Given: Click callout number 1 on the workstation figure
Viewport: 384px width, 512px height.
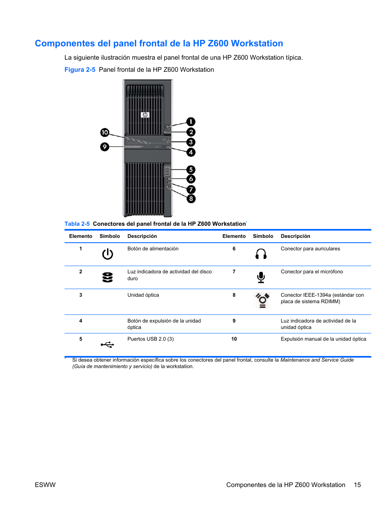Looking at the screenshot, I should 191,122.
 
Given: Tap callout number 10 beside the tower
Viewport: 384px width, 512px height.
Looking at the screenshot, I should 105,132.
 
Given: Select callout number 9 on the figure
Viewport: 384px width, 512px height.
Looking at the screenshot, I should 105,147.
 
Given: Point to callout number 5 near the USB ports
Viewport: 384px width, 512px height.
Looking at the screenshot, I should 191,170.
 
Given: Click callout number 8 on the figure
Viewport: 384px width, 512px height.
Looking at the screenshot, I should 191,199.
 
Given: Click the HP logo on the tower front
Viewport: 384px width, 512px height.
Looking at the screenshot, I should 145,115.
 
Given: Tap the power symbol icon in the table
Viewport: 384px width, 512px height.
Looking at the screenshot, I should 107,254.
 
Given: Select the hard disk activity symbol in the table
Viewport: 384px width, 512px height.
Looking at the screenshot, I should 107,277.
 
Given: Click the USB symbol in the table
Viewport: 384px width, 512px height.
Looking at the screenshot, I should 107,344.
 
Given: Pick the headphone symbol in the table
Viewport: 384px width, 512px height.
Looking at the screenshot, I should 261,254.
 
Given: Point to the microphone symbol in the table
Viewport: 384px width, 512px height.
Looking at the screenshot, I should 261,277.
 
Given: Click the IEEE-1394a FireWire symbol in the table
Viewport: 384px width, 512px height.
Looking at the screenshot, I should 262,300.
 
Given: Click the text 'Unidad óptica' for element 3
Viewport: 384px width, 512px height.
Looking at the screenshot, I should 143,295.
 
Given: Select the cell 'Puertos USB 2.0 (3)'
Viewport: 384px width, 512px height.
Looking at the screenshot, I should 151,339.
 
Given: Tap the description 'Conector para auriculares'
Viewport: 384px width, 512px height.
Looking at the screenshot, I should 310,249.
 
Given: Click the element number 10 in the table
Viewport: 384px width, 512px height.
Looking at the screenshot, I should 234,339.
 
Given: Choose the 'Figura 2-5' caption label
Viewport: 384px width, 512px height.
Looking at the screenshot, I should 80,70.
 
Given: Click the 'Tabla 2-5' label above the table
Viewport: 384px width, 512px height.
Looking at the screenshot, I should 77,224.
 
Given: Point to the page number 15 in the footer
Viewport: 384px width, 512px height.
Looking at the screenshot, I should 357,485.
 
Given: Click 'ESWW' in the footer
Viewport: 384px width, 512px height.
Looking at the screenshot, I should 45,485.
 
